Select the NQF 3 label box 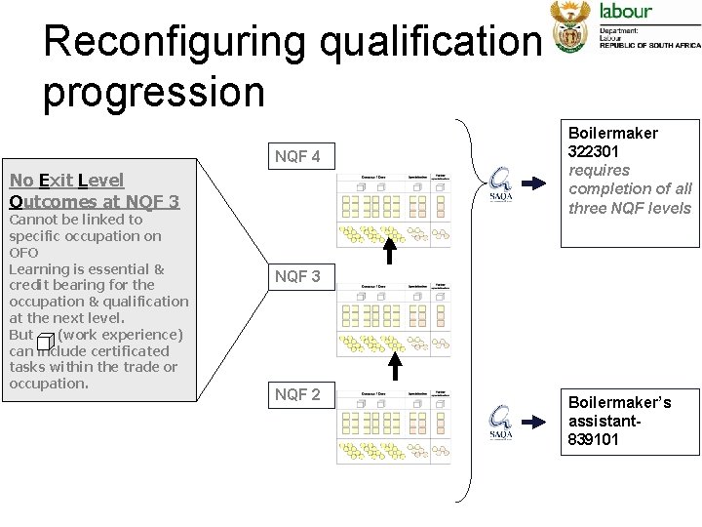pos(296,276)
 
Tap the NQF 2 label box pos(296,394)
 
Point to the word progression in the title pos(153,92)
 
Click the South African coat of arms pos(570,25)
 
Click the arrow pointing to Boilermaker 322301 pos(536,183)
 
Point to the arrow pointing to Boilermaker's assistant pos(536,422)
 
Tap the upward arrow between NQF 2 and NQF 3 pos(396,366)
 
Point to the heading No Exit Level pos(66,181)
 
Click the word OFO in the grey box pos(23,252)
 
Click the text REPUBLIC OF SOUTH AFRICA pos(649,46)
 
